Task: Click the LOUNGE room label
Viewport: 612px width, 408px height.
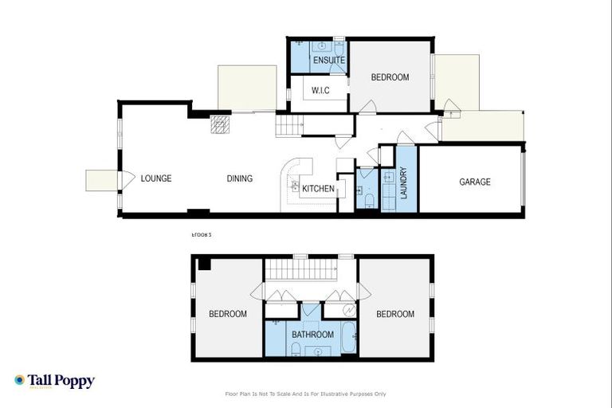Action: click(x=156, y=178)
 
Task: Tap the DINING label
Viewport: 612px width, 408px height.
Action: click(x=239, y=178)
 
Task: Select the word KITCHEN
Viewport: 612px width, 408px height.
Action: click(x=318, y=188)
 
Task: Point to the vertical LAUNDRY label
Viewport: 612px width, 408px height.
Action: click(x=404, y=182)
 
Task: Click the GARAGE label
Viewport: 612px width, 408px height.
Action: click(x=475, y=182)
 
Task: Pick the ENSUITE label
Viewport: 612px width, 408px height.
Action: click(x=328, y=61)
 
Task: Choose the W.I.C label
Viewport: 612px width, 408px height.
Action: click(x=320, y=90)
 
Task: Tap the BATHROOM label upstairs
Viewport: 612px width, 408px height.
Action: click(x=312, y=335)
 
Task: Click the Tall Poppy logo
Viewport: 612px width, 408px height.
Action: click(x=54, y=381)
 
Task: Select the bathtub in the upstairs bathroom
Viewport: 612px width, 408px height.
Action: click(x=349, y=338)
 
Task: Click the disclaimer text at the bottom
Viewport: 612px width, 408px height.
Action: click(x=306, y=394)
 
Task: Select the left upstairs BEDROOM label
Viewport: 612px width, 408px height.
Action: click(x=228, y=314)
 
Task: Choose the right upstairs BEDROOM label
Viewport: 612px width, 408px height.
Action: click(x=395, y=314)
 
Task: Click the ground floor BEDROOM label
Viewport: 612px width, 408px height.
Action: click(x=390, y=77)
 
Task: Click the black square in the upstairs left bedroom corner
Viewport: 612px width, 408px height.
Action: click(x=205, y=264)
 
